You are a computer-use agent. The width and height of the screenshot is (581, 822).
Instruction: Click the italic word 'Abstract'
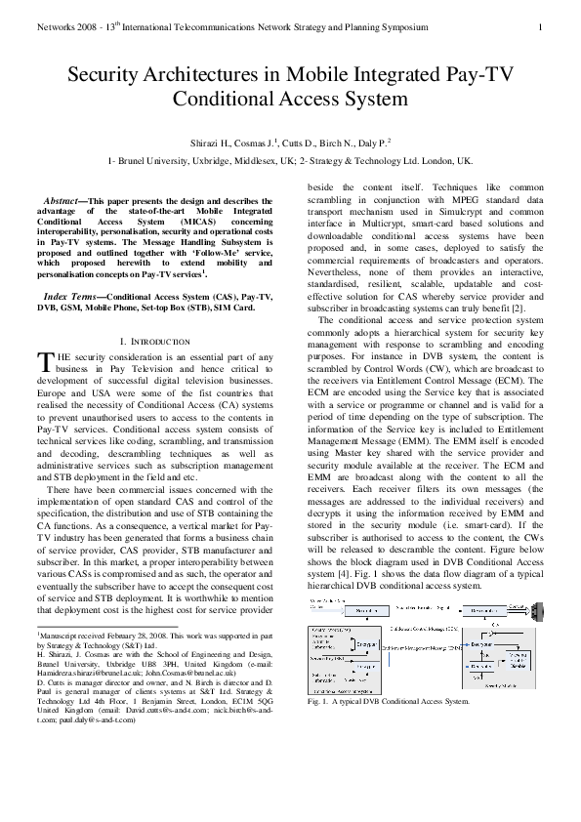tap(67, 199)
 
